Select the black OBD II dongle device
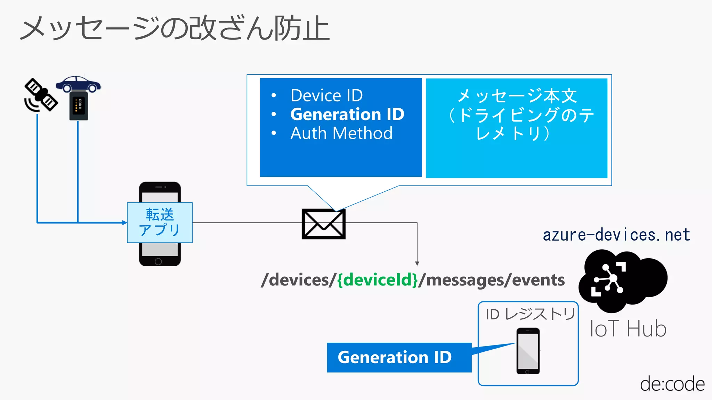[x=79, y=106]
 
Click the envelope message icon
[x=323, y=224]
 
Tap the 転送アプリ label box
[x=160, y=222]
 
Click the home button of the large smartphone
[x=159, y=261]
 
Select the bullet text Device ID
[x=326, y=95]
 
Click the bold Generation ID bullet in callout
[x=347, y=114]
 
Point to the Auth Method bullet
[x=341, y=133]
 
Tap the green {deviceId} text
[x=378, y=280]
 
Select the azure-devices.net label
[x=616, y=235]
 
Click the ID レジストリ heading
[x=530, y=314]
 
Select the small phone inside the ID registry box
[x=528, y=351]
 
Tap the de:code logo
[x=672, y=384]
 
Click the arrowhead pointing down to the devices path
[x=417, y=264]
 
